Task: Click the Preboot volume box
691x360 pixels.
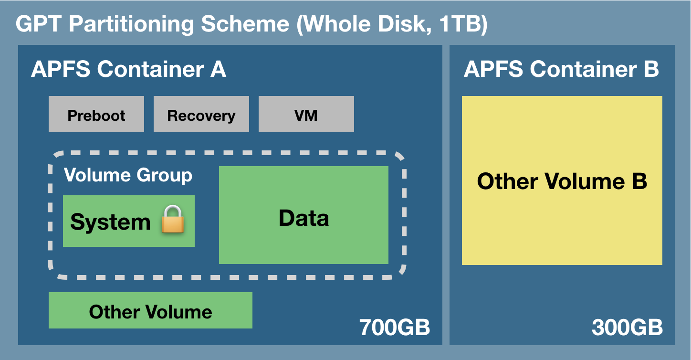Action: (x=96, y=115)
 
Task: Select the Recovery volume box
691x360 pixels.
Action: (x=201, y=115)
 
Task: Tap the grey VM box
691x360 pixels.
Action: (x=306, y=115)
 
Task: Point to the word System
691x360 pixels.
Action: (x=110, y=222)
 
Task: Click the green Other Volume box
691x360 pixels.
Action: (x=150, y=311)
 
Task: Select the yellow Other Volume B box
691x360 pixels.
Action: (x=562, y=181)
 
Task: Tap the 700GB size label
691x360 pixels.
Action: (x=394, y=328)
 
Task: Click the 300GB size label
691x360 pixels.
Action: (x=627, y=328)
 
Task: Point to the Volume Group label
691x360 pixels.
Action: (x=128, y=175)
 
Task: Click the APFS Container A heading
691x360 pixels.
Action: (x=128, y=70)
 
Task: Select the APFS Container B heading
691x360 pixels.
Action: (x=561, y=70)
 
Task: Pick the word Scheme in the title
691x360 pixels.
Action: (x=245, y=24)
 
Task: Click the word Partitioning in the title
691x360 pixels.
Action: (x=132, y=24)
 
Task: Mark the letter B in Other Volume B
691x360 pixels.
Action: (x=638, y=181)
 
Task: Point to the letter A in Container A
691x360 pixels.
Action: (x=218, y=70)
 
